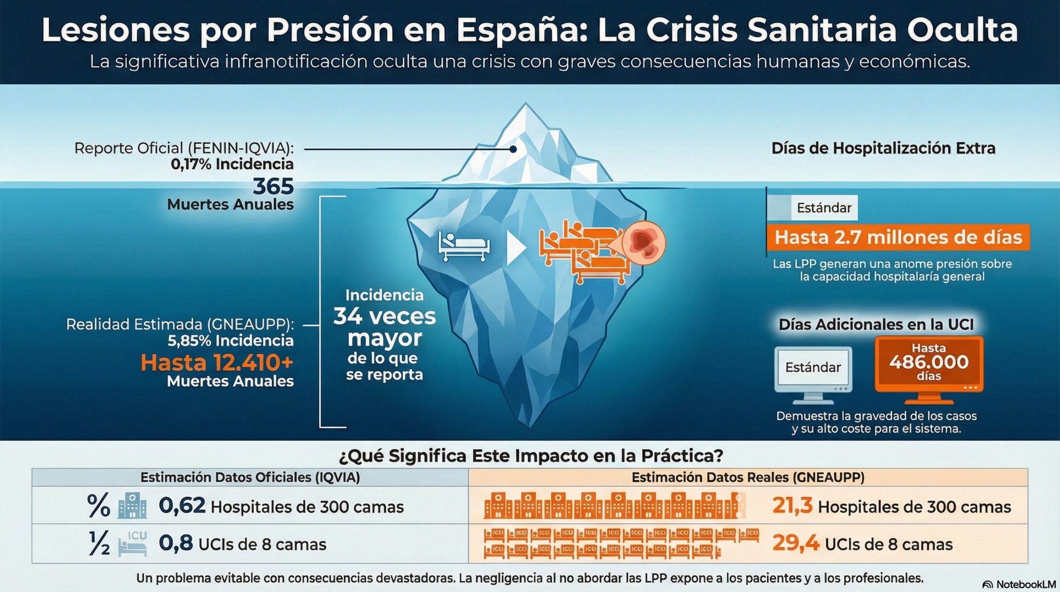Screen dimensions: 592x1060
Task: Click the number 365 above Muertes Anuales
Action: (273, 186)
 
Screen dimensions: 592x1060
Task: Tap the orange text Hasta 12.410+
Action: (217, 363)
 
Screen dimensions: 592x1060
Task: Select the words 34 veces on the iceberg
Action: (384, 317)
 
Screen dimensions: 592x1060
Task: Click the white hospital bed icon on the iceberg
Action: (464, 247)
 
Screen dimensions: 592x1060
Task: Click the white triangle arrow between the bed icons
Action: (516, 247)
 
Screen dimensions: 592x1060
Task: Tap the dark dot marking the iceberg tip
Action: (513, 149)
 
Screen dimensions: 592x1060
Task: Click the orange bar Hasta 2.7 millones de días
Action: (898, 238)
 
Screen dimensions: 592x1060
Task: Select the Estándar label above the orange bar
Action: (824, 208)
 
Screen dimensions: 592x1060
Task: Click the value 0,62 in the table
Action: (182, 506)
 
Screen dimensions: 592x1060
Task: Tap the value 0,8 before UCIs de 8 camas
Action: (176, 544)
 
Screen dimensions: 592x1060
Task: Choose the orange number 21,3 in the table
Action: (792, 506)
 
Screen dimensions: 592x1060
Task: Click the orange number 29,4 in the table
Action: (796, 544)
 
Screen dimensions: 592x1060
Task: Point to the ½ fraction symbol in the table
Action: (99, 544)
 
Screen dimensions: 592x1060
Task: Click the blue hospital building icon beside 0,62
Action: (132, 506)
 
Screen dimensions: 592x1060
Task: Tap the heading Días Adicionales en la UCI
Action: (876, 324)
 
